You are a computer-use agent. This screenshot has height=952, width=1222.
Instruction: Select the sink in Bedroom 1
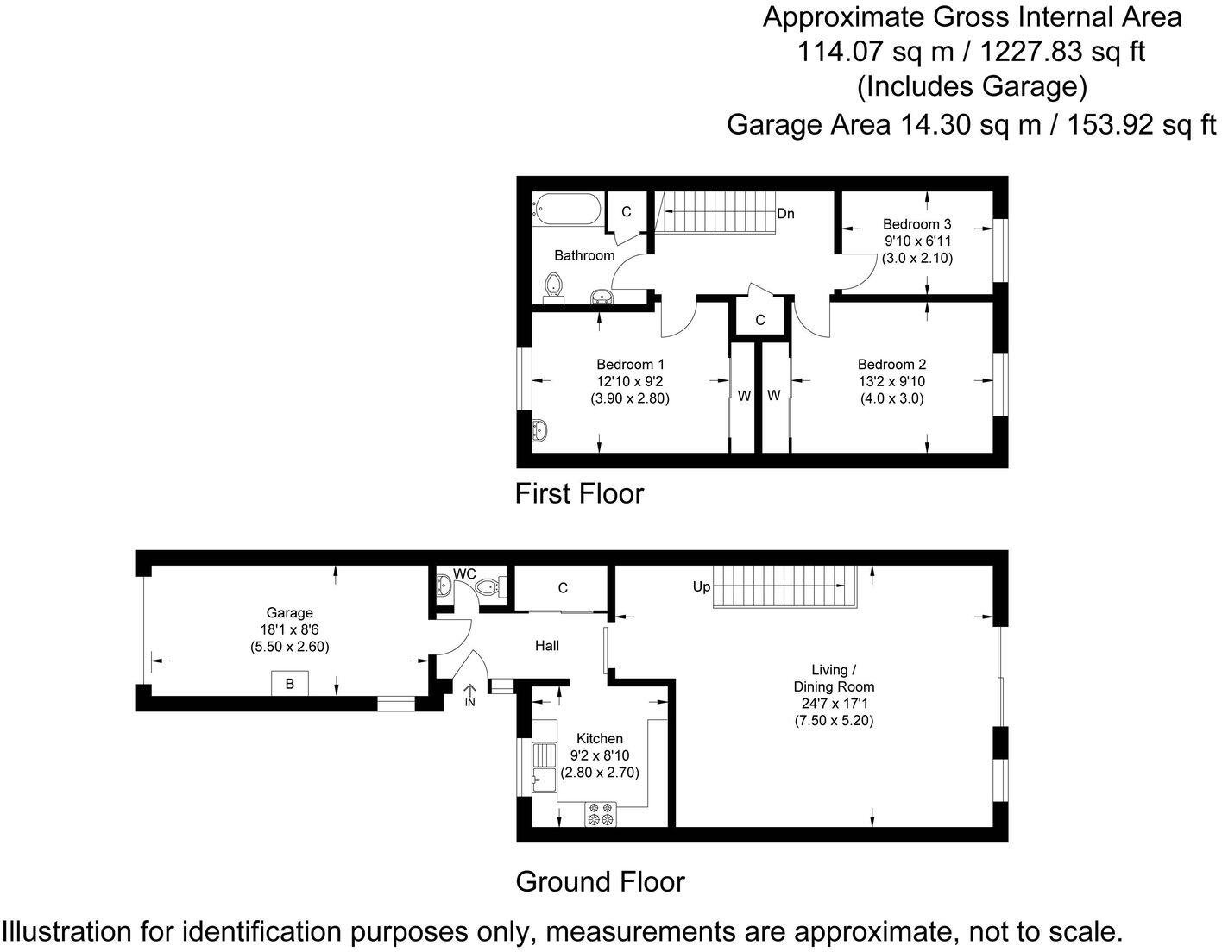[539, 429]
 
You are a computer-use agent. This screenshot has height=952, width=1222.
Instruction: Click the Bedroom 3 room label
[916, 224]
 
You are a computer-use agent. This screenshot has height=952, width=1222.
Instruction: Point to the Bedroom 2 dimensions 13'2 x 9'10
[891, 381]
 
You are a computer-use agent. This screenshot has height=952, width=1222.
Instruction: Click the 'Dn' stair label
[785, 213]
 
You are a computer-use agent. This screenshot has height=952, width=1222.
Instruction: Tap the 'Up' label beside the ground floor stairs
[702, 586]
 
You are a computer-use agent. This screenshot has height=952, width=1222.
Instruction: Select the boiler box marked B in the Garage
[290, 684]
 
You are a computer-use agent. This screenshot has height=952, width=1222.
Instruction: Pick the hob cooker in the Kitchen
[601, 814]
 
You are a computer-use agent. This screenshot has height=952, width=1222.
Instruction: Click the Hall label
[546, 645]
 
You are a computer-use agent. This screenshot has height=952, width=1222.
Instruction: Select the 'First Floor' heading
[579, 493]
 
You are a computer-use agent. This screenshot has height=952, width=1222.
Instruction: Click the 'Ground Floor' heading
[600, 881]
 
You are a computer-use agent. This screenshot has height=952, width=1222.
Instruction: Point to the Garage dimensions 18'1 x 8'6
[290, 629]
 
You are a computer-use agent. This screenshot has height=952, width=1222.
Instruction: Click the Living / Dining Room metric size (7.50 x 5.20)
[834, 721]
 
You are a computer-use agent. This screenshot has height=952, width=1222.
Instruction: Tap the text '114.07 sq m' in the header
[874, 52]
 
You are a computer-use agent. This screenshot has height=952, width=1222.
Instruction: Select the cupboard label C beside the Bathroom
[627, 211]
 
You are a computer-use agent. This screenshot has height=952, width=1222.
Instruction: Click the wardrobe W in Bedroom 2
[774, 395]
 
